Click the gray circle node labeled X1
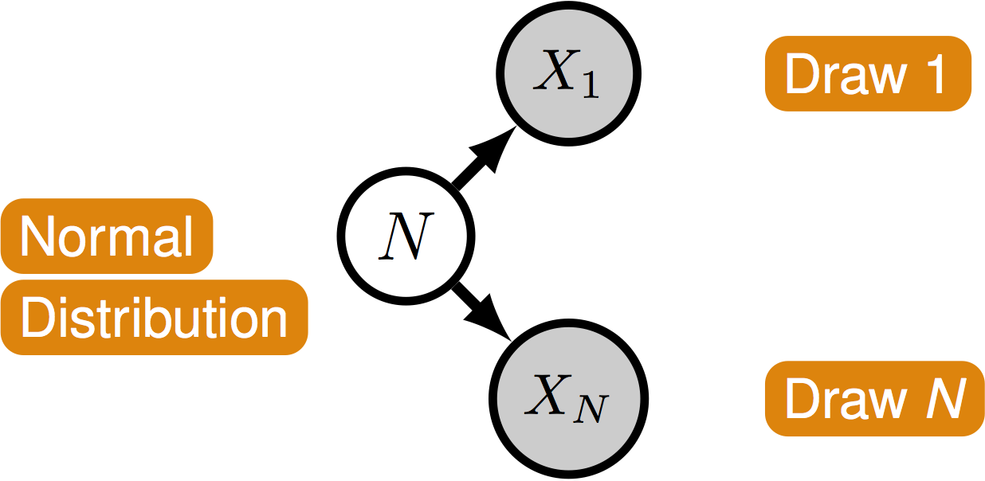point(568,73)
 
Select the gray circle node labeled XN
point(568,398)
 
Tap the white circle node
point(406,236)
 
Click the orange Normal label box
point(107,236)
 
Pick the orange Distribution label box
point(154,317)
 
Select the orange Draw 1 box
point(868,73)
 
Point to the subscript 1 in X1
point(591,86)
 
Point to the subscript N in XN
point(593,409)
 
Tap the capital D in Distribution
point(37,318)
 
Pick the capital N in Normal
point(37,237)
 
